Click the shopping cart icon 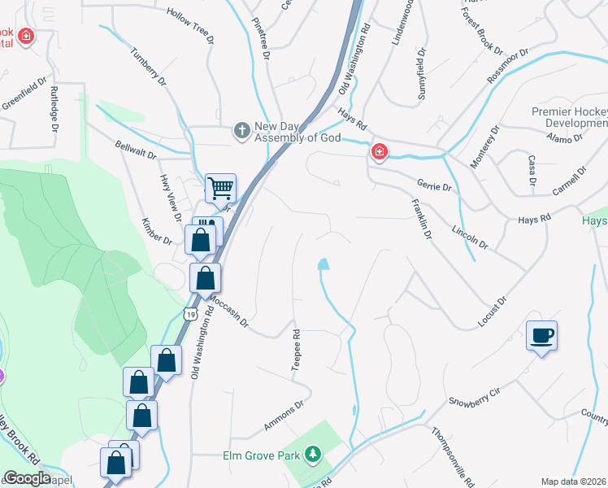click(220, 189)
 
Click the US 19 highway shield click(190, 313)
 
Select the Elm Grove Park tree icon click(313, 455)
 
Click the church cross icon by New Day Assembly click(242, 129)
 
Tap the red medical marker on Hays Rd click(379, 151)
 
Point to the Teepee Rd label click(297, 351)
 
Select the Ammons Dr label click(283, 416)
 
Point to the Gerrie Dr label click(433, 186)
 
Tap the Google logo click(26, 477)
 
